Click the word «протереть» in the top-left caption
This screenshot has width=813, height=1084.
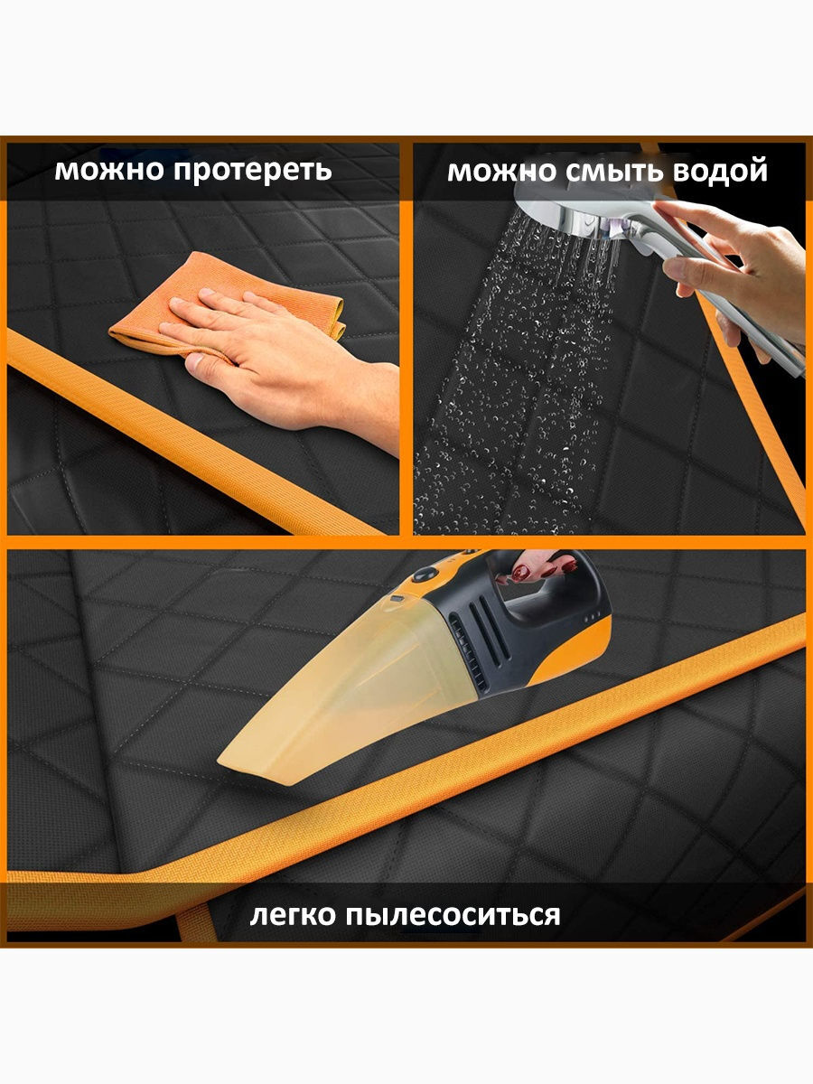[x=253, y=171]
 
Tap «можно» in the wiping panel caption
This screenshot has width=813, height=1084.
[x=109, y=170]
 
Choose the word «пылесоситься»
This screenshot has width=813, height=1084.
[x=453, y=916]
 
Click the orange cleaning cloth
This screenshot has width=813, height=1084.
[x=227, y=303]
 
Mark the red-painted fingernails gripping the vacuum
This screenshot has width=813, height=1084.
[x=543, y=568]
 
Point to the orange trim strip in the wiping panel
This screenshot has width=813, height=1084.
[x=192, y=433]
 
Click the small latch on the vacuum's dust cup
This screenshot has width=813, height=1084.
[x=396, y=599]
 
